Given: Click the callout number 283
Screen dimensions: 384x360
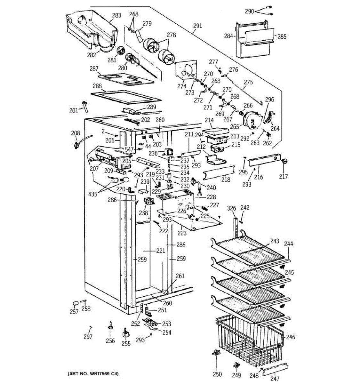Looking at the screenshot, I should coord(116,15).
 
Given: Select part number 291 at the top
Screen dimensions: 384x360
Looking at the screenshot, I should coord(198,26).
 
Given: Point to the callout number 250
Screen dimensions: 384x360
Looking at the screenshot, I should coord(217,375).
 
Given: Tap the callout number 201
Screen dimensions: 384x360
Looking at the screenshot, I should coord(74,111).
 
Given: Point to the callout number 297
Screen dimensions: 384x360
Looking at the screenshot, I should coord(88,337).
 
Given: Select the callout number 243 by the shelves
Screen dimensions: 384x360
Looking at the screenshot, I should coord(275,241).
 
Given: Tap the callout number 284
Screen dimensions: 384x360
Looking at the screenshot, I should coord(228,36).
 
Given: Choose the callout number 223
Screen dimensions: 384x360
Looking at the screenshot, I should coord(182,233).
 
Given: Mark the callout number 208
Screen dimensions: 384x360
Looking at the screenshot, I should coord(76,133).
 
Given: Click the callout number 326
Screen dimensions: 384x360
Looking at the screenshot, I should coord(231,209).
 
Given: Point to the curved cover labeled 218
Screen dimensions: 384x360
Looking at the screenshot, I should coord(219,174).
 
